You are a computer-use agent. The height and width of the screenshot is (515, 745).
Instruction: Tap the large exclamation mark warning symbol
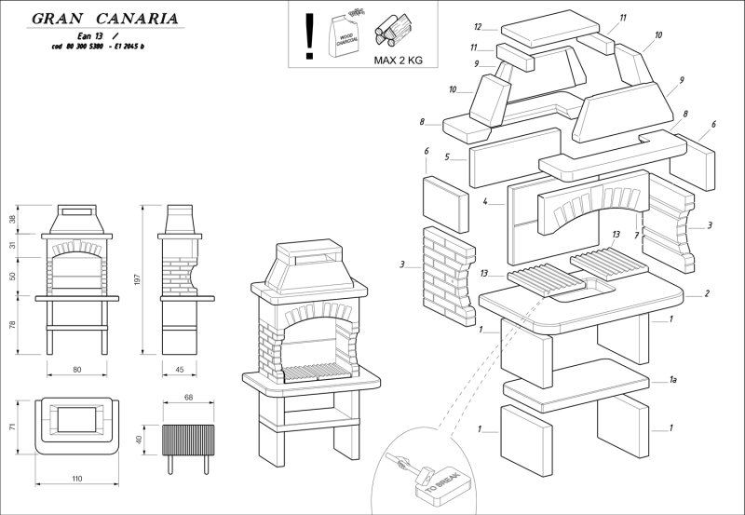click(x=309, y=35)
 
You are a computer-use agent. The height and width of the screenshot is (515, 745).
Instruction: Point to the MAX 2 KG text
click(x=398, y=60)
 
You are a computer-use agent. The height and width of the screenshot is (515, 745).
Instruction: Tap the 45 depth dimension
click(x=179, y=370)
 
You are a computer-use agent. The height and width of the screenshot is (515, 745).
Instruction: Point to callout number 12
click(x=478, y=27)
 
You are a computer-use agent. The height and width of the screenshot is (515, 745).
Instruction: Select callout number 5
click(x=447, y=156)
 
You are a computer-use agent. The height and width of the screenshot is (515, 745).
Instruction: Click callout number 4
click(x=486, y=201)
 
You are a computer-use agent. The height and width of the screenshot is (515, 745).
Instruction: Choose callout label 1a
click(x=671, y=380)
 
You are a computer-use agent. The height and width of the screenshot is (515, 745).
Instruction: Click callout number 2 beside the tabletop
click(x=708, y=294)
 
